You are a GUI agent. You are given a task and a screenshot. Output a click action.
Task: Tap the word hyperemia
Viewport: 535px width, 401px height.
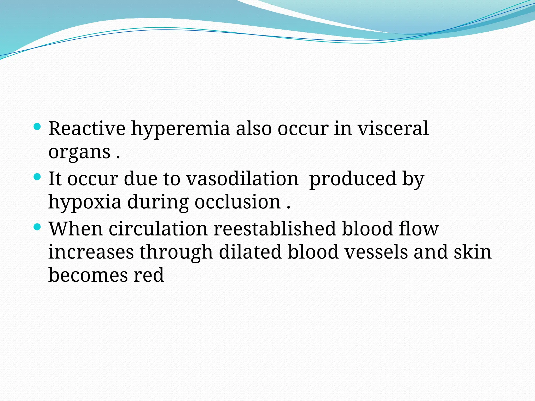(x=180, y=129)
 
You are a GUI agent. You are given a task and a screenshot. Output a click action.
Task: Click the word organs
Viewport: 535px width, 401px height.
(x=79, y=152)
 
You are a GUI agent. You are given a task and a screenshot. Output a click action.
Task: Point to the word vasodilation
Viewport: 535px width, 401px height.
(x=242, y=179)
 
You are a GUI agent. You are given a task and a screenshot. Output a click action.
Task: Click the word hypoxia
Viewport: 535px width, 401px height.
(x=85, y=203)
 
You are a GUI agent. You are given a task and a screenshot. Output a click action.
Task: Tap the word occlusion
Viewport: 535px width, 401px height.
(x=237, y=202)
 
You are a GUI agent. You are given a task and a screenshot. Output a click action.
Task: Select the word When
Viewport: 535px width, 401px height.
(x=75, y=229)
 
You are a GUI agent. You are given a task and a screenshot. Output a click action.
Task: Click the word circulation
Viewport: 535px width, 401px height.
(x=158, y=229)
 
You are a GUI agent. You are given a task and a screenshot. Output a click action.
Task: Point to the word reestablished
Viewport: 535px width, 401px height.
(x=274, y=229)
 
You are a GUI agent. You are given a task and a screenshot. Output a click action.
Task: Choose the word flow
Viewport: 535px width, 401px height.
(x=419, y=229)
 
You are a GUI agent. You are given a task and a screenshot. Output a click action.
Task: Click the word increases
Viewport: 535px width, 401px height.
(x=91, y=252)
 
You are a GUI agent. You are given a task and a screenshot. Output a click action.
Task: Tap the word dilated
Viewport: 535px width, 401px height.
(x=250, y=252)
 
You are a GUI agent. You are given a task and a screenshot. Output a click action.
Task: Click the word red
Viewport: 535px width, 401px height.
(x=149, y=275)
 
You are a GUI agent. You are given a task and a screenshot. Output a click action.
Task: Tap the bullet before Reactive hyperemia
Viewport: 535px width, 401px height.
(x=37, y=127)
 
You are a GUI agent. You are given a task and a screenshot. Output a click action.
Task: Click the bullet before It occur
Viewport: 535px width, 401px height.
(x=37, y=177)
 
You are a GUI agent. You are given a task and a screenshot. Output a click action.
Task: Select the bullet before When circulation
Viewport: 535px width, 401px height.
(x=37, y=227)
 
